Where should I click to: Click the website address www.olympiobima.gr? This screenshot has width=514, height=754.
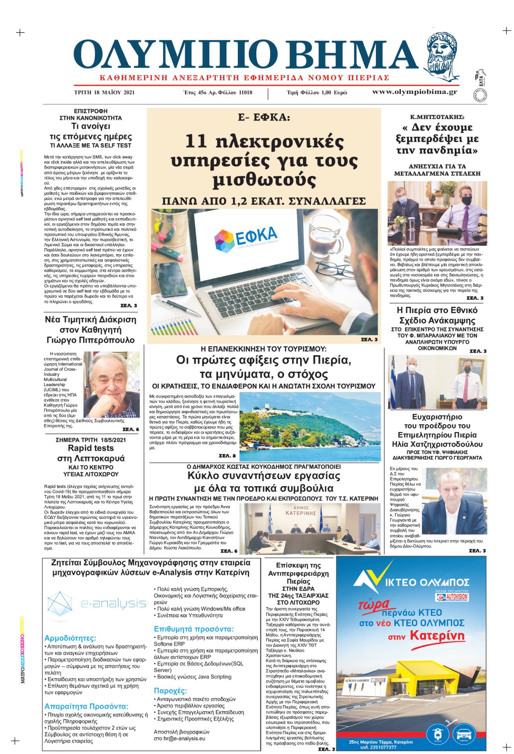(x=414, y=92)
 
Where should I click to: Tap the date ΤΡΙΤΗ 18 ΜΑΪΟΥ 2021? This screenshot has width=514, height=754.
(x=104, y=93)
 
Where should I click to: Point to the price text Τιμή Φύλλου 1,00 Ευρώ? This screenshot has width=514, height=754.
(x=317, y=93)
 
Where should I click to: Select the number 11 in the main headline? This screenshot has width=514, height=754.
(x=196, y=141)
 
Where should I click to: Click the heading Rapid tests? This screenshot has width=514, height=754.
(x=91, y=448)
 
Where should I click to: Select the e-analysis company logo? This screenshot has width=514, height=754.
(x=96, y=603)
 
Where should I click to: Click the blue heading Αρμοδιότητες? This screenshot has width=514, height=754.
(x=70, y=638)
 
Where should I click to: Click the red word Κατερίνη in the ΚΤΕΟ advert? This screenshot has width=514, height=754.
(x=437, y=646)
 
